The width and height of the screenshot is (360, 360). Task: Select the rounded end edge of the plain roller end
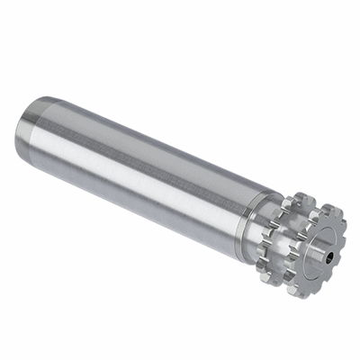18,135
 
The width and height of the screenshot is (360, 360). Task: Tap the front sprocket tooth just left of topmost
315,212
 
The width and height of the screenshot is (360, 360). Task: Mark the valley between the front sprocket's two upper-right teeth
345,225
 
